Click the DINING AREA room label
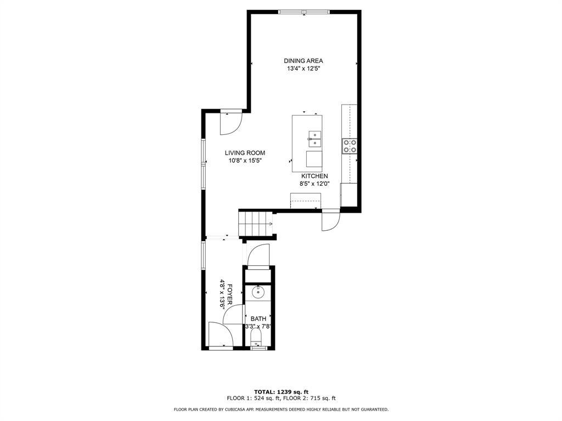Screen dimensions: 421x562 [x=303, y=61]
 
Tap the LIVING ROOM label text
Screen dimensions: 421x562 [x=245, y=153]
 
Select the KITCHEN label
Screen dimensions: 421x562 [x=314, y=176]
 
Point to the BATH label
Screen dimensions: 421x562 [x=258, y=318]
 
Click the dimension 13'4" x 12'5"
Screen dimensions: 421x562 [x=303, y=69]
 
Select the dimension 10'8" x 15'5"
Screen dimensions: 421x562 [x=245, y=161]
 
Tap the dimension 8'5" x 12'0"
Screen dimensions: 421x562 [x=314, y=184]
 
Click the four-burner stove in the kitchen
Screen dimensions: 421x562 [x=350, y=146]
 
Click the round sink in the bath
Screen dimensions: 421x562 [x=258, y=293]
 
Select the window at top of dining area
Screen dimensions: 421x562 [x=304, y=12]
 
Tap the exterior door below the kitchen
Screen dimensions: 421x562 [x=331, y=220]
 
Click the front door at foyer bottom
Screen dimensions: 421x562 [x=221, y=335]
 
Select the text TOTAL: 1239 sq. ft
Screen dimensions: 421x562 [x=281, y=391]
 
